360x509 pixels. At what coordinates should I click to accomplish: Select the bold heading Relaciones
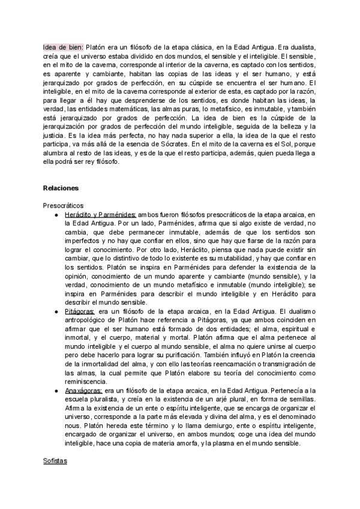pos(61,188)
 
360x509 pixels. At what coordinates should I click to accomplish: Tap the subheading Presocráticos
pos(64,205)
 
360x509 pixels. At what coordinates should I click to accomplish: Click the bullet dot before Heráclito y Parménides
pos(56,214)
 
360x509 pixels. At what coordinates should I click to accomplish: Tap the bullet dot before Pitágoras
pos(56,312)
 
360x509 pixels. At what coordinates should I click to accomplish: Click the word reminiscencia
pos(89,381)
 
